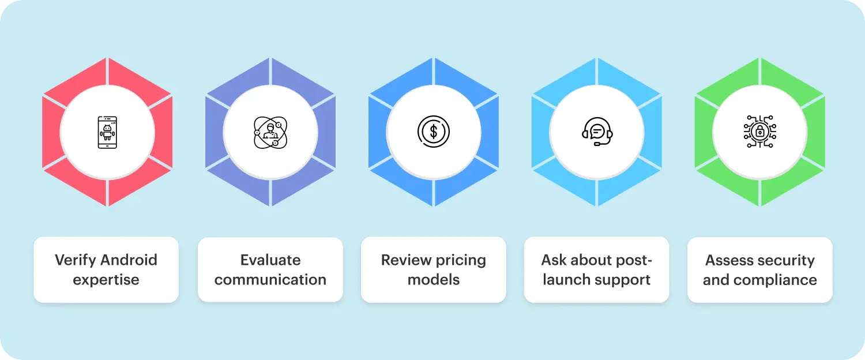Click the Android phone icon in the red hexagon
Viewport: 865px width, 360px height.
coord(107,132)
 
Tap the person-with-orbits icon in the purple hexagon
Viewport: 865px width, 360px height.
coord(270,132)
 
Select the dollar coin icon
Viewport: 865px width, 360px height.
coord(434,132)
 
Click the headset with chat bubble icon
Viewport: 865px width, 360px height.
coord(597,132)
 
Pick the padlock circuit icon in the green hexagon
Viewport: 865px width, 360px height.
coord(759,132)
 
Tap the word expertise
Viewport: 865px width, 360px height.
coord(106,280)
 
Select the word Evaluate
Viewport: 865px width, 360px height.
coord(270,260)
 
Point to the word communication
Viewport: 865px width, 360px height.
coord(270,280)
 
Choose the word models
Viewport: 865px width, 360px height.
coord(434,280)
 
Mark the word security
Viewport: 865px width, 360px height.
coord(787,260)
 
